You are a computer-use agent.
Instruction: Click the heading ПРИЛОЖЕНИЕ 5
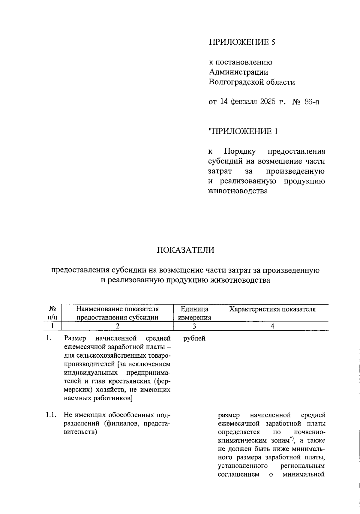[x=242, y=42]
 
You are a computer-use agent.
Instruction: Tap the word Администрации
[x=238, y=72]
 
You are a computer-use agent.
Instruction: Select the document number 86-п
[x=312, y=102]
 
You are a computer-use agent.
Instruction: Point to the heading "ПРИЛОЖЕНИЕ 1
[x=243, y=131]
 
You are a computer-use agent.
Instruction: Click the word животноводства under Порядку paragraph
[x=238, y=191]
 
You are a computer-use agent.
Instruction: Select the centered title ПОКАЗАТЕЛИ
[x=185, y=250]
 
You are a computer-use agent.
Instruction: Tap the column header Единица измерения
[x=195, y=313]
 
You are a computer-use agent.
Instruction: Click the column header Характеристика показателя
[x=272, y=309]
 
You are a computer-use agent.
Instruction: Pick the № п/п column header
[x=53, y=313]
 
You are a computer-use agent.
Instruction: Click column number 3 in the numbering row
[x=194, y=326]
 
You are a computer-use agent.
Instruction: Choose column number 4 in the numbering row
[x=272, y=326]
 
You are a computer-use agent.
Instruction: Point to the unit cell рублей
[x=194, y=338]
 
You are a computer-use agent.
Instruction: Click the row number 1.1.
[x=51, y=415]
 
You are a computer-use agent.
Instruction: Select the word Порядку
[x=240, y=151]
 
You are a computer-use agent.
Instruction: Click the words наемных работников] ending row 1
[x=99, y=398]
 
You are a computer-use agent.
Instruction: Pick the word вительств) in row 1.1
[x=80, y=432]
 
